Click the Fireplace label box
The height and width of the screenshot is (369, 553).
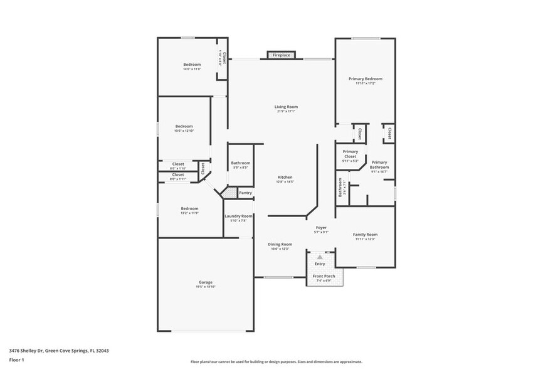coord(281,55)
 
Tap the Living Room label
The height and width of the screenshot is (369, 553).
coord(286,107)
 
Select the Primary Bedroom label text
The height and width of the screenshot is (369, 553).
coord(365,78)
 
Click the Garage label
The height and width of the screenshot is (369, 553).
coord(206,282)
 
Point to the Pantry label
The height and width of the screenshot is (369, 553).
coord(245,193)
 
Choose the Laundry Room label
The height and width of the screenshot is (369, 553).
coord(238,216)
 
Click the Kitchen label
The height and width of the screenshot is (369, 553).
coord(285,178)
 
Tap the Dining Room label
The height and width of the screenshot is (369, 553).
coord(280,244)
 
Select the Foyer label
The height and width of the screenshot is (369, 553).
coord(321,227)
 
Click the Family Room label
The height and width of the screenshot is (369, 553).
coord(365,234)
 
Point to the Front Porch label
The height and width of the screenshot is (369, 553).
coord(324,276)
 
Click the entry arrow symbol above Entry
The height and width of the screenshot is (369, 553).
coord(320,257)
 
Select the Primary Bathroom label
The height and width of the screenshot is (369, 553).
coord(379,164)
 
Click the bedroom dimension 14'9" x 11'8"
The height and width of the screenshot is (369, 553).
coord(192,69)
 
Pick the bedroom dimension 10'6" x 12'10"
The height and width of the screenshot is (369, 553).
coord(184,131)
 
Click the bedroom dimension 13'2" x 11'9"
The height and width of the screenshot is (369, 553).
coord(190,213)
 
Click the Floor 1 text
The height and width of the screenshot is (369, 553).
coord(16,361)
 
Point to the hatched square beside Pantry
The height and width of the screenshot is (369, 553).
coord(231,193)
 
